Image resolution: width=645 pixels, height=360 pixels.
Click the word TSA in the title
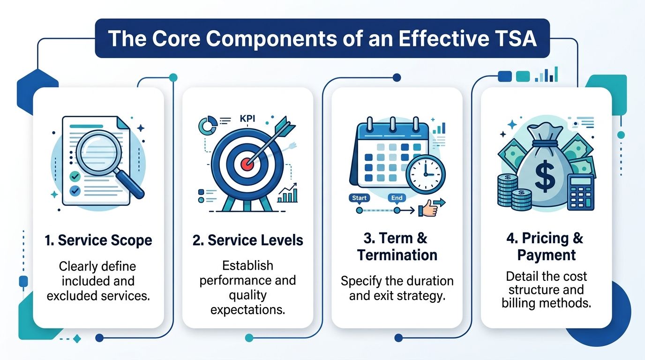[514, 38]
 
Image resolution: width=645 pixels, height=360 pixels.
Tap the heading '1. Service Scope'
[98, 240]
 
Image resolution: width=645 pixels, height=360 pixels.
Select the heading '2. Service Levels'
[247, 240]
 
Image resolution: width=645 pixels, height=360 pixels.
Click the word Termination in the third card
[397, 255]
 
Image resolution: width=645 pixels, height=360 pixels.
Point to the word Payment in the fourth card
[546, 255]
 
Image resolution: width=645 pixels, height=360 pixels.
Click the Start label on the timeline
[359, 198]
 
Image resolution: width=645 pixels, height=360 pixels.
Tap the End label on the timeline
[397, 198]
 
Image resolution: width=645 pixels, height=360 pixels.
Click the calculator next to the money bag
[581, 191]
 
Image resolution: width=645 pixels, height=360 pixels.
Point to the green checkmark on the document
[75, 176]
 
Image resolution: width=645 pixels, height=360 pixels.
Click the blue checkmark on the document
[75, 191]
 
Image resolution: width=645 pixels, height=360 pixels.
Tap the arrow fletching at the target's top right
[285, 127]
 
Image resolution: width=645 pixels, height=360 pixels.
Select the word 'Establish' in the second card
[247, 266]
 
